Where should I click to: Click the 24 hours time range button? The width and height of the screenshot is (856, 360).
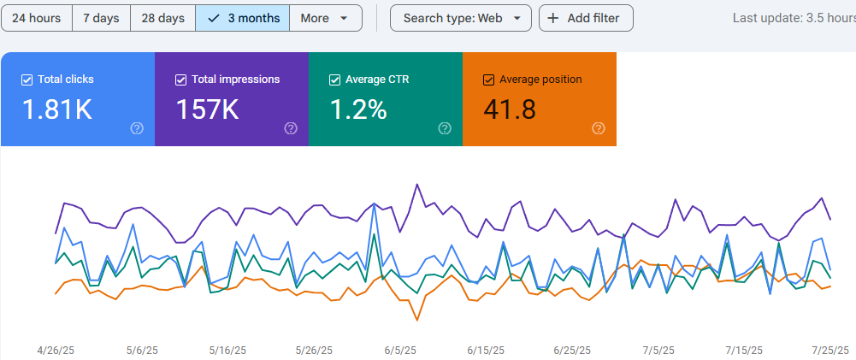pyautogui.click(x=36, y=18)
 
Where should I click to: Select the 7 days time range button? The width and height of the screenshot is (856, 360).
pyautogui.click(x=101, y=18)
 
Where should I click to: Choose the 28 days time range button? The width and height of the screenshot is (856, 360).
pyautogui.click(x=162, y=18)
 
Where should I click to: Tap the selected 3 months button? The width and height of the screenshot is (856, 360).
pyautogui.click(x=243, y=18)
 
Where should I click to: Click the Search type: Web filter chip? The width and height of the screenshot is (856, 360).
pyautogui.click(x=461, y=18)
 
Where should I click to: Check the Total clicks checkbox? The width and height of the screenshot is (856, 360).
pyautogui.click(x=27, y=80)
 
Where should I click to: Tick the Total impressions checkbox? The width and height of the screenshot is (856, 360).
pyautogui.click(x=180, y=80)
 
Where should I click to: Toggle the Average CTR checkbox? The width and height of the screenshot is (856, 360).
pyautogui.click(x=334, y=80)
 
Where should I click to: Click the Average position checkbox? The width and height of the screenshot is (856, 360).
pyautogui.click(x=488, y=80)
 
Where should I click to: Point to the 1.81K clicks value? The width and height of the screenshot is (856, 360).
pyautogui.click(x=56, y=109)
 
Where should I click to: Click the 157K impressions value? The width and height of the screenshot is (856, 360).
pyautogui.click(x=207, y=109)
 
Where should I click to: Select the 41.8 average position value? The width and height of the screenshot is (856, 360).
pyautogui.click(x=510, y=109)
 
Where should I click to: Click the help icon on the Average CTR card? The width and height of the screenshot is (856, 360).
pyautogui.click(x=445, y=128)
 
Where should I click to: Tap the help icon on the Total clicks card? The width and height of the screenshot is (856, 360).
pyautogui.click(x=137, y=128)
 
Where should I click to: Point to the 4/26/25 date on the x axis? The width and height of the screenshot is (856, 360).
pyautogui.click(x=56, y=350)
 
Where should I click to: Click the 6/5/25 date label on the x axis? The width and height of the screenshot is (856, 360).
pyautogui.click(x=400, y=350)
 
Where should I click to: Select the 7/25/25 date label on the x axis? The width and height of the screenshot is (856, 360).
pyautogui.click(x=829, y=350)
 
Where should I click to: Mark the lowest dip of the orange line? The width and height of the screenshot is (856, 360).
pyautogui.click(x=417, y=320)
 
